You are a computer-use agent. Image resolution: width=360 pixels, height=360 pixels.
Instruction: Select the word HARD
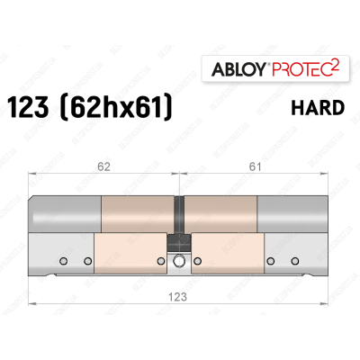tap(319, 108)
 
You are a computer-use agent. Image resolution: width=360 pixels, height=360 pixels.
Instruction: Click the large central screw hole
tap(179, 262)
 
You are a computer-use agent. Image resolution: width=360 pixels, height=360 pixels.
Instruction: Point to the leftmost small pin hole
tap(63, 261)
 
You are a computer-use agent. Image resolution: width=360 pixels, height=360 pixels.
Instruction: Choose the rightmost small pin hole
tap(294, 261)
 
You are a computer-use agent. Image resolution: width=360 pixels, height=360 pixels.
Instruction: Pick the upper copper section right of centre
tap(222, 215)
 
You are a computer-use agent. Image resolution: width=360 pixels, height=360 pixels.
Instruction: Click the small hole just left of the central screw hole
tap(160, 261)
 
